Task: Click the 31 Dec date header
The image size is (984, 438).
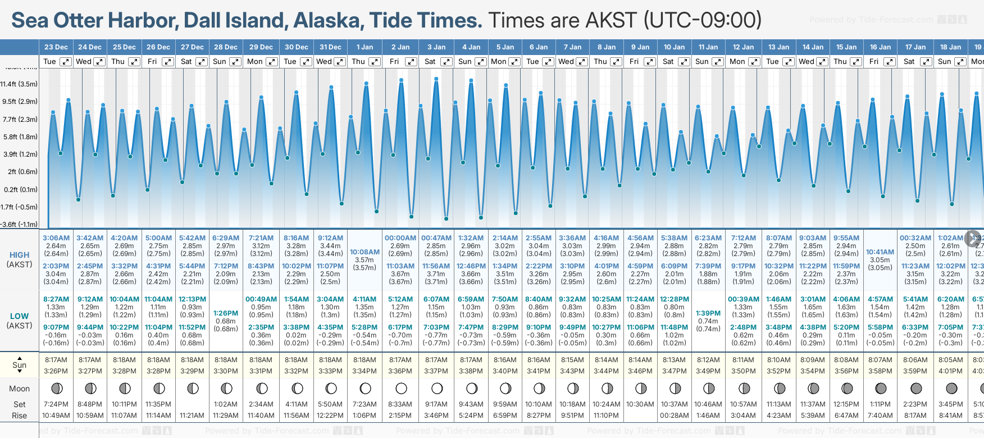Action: tap(330, 47)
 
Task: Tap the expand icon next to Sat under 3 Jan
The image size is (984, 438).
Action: tap(447, 62)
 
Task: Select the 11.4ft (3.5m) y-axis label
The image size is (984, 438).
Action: tap(19, 84)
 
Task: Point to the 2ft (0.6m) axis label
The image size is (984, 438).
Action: tap(22, 172)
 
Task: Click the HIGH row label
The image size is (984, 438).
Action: tap(19, 255)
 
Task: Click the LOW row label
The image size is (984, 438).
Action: tap(19, 316)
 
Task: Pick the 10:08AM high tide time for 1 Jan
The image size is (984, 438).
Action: tap(365, 252)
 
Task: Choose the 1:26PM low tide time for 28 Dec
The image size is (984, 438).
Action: tap(226, 313)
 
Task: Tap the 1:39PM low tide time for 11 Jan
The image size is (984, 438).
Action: tap(708, 313)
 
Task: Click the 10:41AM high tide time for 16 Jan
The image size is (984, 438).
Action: tap(880, 252)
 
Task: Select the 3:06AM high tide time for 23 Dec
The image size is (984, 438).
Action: tap(56, 238)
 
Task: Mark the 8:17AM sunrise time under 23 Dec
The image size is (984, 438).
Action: tap(56, 360)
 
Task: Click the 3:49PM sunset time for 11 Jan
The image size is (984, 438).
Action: tap(708, 371)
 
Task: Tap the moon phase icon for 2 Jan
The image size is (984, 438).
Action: tap(401, 388)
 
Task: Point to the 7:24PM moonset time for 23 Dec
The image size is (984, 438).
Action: tap(56, 404)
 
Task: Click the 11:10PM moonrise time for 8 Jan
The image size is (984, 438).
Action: tap(606, 416)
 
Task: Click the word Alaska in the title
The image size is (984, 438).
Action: tap(326, 20)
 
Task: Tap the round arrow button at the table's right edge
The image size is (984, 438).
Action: tap(973, 239)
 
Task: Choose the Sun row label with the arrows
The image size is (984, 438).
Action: tap(19, 364)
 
